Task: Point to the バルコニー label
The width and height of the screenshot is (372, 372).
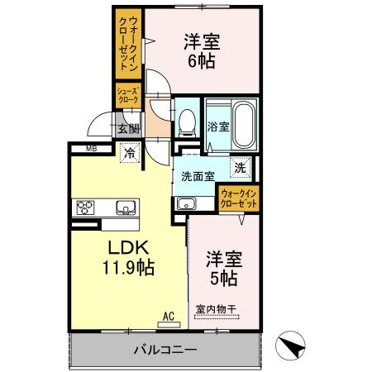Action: pos(165,349)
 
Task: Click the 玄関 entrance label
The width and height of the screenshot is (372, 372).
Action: pos(127,128)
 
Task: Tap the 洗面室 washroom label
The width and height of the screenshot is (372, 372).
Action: pos(198,176)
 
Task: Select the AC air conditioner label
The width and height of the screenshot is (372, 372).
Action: pos(168,315)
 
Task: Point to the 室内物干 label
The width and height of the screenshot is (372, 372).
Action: pos(217,310)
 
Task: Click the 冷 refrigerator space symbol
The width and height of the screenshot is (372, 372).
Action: pos(130,152)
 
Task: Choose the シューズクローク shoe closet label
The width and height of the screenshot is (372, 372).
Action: pos(127,95)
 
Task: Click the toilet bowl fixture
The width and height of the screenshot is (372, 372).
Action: pos(187,122)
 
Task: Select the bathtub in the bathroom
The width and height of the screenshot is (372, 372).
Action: pos(243,123)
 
